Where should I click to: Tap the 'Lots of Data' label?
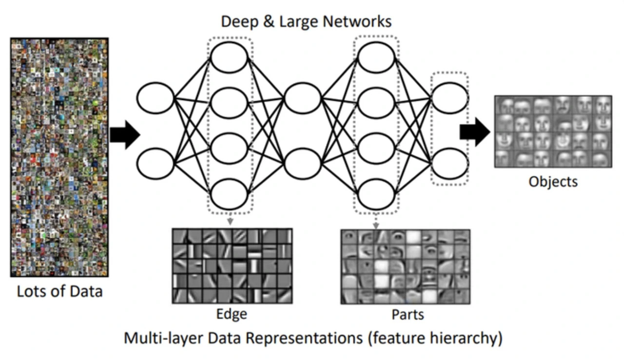click(x=60, y=291)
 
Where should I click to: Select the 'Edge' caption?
click(x=232, y=314)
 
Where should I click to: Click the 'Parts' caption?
click(x=408, y=315)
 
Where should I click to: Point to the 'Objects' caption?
click(x=553, y=182)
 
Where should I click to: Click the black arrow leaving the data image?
click(x=125, y=134)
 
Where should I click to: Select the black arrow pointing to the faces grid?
click(x=474, y=132)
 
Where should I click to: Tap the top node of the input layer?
click(x=156, y=97)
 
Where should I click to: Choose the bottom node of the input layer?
click(x=156, y=164)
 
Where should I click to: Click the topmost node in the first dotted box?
click(x=229, y=57)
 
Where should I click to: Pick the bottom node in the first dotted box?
click(x=229, y=194)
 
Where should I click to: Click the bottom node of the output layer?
click(x=449, y=164)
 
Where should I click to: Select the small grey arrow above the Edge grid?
click(x=229, y=222)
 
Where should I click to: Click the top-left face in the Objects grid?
click(x=507, y=105)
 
